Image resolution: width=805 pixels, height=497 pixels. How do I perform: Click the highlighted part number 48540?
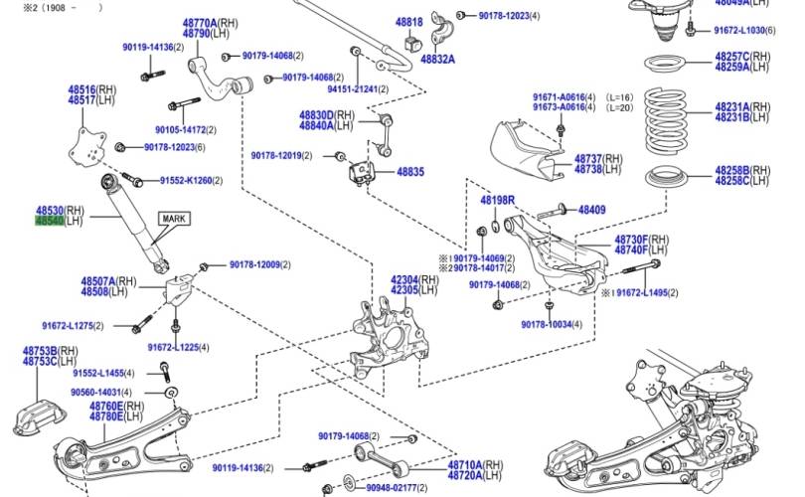50,221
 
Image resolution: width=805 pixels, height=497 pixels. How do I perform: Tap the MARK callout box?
174,219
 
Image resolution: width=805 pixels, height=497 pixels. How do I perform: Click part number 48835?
410,172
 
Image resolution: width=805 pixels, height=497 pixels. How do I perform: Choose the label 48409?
592,210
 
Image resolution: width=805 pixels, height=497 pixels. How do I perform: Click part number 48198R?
498,200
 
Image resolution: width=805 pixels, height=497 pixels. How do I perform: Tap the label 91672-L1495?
642,292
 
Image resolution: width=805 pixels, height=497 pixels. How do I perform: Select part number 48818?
409,22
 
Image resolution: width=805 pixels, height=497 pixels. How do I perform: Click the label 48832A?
437,60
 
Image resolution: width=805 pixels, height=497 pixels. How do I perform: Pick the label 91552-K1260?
186,181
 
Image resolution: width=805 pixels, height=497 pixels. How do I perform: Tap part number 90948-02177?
392,488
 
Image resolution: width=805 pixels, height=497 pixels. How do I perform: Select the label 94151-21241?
353,89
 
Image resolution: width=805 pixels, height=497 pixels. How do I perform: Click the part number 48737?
588,159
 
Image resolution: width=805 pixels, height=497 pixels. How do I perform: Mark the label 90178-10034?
547,324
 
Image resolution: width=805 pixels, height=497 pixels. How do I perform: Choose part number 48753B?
40,351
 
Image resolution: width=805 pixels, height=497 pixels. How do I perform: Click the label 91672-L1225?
173,348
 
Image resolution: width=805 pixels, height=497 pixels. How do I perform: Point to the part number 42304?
404,280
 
